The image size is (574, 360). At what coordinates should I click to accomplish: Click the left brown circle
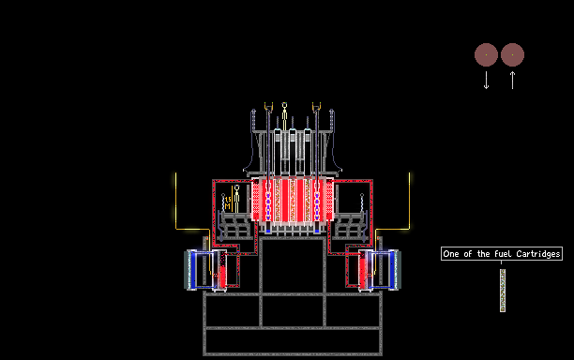point(486,55)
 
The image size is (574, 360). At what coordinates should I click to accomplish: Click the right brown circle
point(512,55)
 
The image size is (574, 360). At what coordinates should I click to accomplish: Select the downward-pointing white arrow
point(486,80)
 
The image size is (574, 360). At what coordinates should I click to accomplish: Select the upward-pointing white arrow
point(512,80)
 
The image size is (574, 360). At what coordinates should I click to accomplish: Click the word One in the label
point(450,254)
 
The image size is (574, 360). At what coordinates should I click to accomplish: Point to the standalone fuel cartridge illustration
point(503,291)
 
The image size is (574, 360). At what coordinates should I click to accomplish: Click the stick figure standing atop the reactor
point(284,116)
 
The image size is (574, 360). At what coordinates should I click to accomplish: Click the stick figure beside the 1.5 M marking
point(237,199)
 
